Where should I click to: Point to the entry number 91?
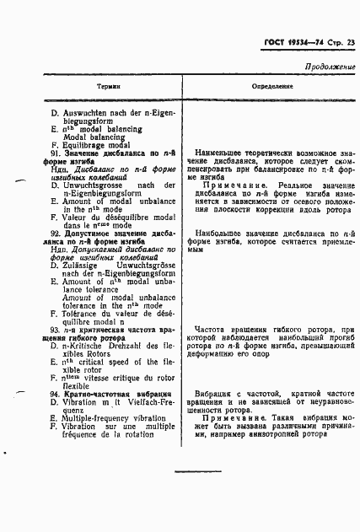pyautogui.click(x=56, y=153)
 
